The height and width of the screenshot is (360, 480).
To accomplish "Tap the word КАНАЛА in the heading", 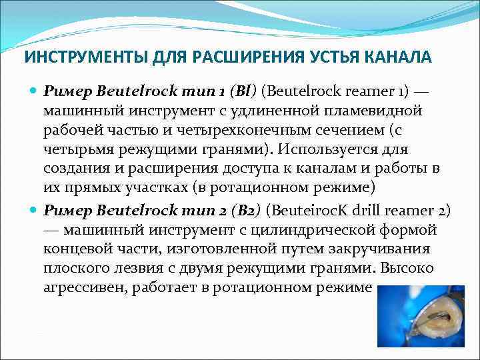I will pos(399,57).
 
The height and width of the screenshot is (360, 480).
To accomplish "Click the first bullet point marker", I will pos(35,89).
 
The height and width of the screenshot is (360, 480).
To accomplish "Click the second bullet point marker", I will pos(35,211).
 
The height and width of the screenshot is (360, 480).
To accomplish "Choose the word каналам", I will pos(313,169).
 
